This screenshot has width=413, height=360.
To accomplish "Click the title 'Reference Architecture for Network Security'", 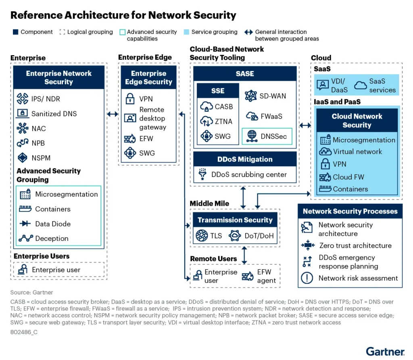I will click(123, 15).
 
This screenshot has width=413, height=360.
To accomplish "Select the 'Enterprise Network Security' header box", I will click(59, 77).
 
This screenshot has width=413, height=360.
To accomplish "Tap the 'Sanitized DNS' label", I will click(54, 113).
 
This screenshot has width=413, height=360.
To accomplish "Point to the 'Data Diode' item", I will click(53, 224).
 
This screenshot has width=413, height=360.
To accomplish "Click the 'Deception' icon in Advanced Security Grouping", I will click(25, 239).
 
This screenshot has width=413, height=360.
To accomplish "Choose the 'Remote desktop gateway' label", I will click(152, 118).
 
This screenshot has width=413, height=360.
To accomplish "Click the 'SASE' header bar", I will click(245, 73).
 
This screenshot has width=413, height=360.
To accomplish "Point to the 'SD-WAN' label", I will click(273, 96).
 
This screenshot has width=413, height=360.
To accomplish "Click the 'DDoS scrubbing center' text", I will click(249, 175).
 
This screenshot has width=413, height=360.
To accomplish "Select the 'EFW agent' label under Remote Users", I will click(266, 276).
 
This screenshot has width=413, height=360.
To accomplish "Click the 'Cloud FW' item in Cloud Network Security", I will click(348, 177).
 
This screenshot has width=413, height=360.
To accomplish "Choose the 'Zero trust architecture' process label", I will click(355, 245).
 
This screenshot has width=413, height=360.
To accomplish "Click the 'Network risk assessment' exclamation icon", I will click(307, 278).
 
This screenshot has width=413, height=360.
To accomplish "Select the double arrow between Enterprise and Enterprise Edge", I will click(113, 114).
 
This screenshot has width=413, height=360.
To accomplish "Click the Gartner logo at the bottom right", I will click(385, 351).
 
